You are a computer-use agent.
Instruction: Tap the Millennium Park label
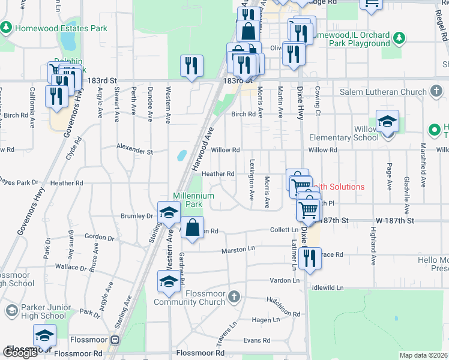[193, 200]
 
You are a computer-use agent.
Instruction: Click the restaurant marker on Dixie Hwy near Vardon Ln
[309, 258]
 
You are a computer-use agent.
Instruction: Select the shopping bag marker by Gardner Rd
[191, 228]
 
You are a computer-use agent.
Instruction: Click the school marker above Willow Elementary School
[387, 122]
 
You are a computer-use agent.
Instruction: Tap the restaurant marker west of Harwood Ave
[191, 65]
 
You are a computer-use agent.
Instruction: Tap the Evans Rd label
[257, 340]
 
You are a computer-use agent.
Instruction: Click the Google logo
[20, 353]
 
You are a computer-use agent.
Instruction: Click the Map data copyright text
[423, 355]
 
